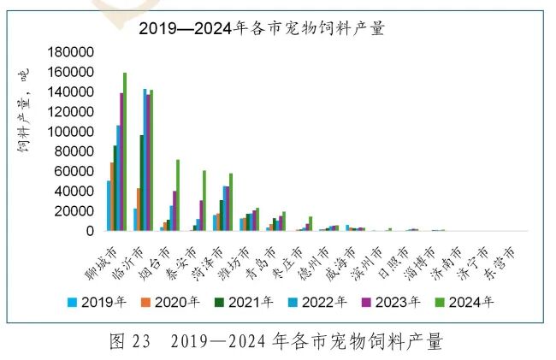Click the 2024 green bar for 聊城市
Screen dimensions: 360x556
[x=125, y=152]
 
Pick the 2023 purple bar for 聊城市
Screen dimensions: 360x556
[x=121, y=162]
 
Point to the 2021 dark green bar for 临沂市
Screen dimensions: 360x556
[x=142, y=182]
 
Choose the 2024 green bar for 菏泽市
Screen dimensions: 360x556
[x=231, y=202]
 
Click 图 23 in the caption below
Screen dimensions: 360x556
[x=130, y=342]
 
